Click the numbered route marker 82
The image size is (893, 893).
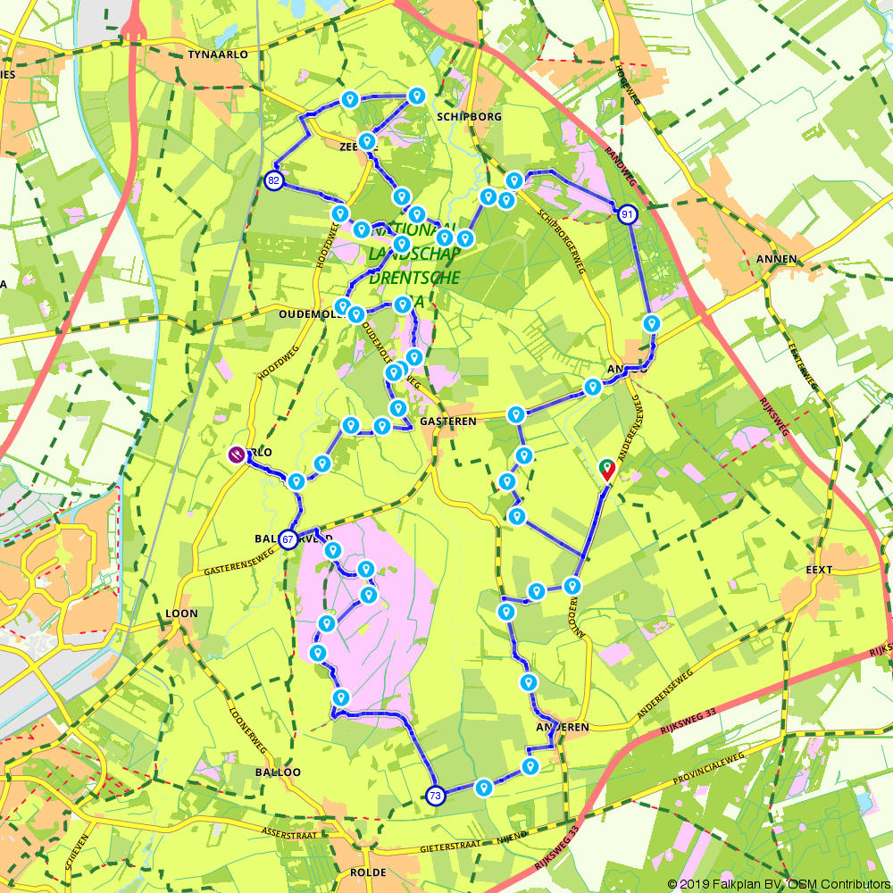click(274, 181)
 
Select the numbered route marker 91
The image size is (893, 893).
click(628, 214)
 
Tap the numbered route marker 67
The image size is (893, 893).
click(288, 539)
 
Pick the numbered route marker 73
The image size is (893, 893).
click(435, 796)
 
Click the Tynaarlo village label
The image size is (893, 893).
click(218, 54)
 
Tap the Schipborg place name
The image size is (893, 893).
click(470, 117)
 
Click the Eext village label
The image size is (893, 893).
click(818, 570)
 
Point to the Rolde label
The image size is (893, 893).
click(370, 872)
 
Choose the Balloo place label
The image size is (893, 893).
click(278, 772)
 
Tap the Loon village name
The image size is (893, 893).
click(181, 613)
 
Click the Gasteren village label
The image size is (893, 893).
click(452, 419)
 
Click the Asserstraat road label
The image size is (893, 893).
click(289, 831)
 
